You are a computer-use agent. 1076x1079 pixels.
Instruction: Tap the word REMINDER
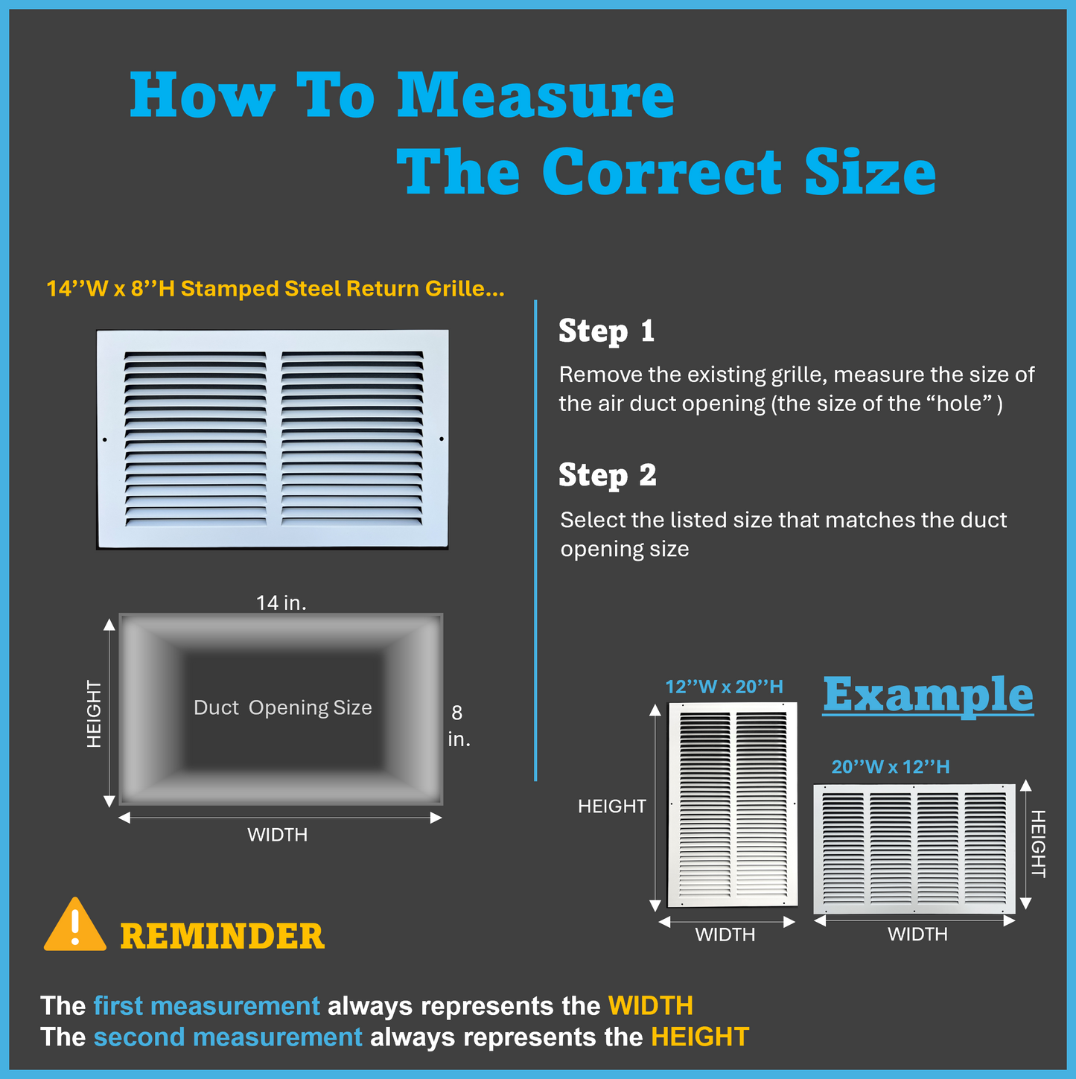[223, 936]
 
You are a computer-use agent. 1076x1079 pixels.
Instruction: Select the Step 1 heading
[607, 331]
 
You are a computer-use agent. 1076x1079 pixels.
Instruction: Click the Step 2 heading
[607, 476]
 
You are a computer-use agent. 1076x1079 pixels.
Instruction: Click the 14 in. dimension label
[281, 603]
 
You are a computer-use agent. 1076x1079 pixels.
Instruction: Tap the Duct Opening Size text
[283, 707]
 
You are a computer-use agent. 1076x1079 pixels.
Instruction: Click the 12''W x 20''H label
[724, 687]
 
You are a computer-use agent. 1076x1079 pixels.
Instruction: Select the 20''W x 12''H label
[891, 767]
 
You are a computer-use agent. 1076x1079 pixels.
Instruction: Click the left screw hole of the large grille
[105, 440]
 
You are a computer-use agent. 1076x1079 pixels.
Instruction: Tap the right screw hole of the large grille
[442, 439]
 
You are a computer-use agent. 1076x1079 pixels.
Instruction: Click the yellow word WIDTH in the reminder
[651, 1006]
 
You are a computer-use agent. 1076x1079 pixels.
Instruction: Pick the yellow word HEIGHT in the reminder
[700, 1037]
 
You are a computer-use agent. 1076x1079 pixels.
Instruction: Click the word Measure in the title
[536, 96]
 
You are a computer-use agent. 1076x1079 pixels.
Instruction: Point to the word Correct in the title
[661, 172]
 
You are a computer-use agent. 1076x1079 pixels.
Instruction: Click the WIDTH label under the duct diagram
[277, 835]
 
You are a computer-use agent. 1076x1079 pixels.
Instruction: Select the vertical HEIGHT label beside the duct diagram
[94, 714]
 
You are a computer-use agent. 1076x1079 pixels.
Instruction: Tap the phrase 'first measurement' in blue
[207, 1006]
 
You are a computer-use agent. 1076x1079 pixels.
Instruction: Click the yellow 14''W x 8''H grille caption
[276, 289]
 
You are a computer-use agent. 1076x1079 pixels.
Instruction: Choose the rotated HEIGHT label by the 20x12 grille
[1038, 844]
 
